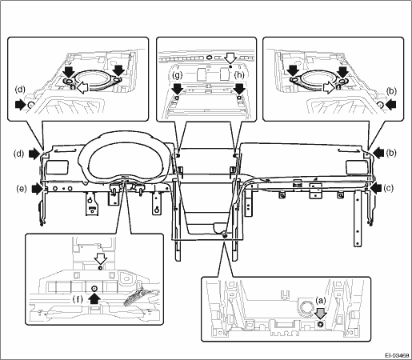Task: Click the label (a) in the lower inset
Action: coord(321,301)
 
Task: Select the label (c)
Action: coord(388,188)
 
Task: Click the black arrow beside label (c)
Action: coord(376,188)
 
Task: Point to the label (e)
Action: coord(22,189)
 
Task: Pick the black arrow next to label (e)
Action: coord(37,189)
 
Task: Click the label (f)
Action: coord(78,300)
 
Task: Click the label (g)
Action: coord(177,75)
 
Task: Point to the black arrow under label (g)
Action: coord(177,88)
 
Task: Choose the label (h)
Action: coord(239,75)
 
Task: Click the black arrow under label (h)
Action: coord(239,88)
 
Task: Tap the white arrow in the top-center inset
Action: coord(230,58)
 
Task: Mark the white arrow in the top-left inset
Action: coord(83,87)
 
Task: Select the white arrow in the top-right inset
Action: coord(329,87)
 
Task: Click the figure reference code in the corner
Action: coord(397,355)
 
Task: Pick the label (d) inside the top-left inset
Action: coord(20,90)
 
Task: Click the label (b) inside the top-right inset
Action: coord(391,91)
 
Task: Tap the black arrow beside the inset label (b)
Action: coord(390,104)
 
